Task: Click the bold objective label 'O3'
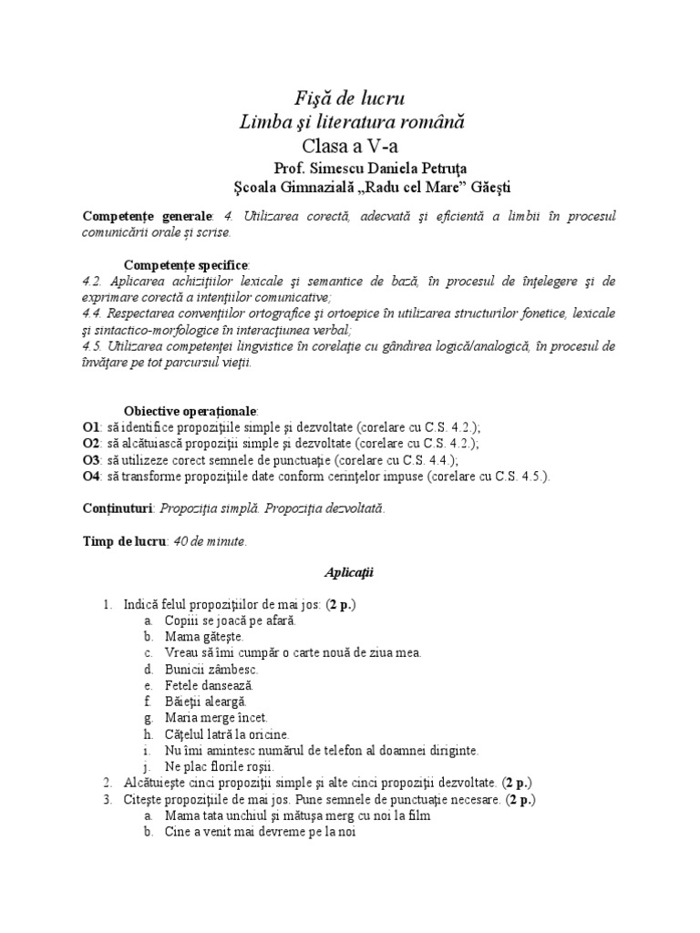click(x=90, y=459)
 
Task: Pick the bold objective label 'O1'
click(x=90, y=426)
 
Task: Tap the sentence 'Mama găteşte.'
click(x=204, y=637)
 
